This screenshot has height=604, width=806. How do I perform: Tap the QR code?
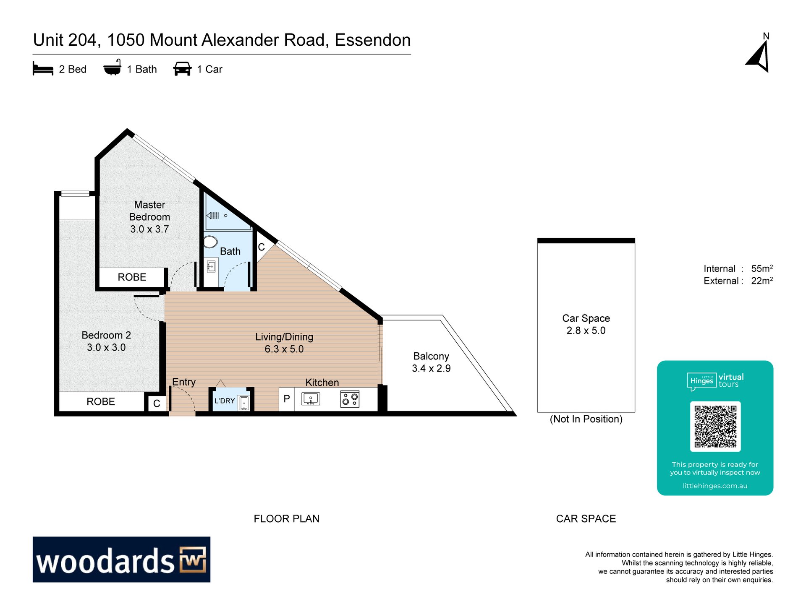click(715, 426)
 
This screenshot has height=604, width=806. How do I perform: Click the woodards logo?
click(121, 559)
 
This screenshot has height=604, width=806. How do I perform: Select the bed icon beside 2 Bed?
click(43, 69)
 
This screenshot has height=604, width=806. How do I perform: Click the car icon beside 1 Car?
click(182, 69)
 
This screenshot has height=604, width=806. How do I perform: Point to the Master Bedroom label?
click(149, 211)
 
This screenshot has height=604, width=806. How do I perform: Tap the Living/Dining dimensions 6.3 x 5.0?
click(284, 349)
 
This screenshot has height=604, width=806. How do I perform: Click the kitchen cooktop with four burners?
click(350, 399)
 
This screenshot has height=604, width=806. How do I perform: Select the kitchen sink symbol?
click(311, 399)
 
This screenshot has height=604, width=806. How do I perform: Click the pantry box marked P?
click(287, 399)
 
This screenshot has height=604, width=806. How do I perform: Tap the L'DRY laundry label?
click(225, 401)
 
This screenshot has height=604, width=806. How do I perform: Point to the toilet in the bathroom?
click(210, 242)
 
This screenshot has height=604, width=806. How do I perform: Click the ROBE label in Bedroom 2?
click(101, 401)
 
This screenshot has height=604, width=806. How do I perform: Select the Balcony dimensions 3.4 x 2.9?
click(431, 368)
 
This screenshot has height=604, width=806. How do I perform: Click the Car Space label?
click(586, 318)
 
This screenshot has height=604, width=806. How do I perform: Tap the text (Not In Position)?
click(586, 419)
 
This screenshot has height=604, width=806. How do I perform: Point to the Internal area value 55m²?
click(762, 268)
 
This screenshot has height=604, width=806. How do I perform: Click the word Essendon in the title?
click(373, 40)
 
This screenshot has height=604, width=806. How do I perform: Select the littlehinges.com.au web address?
click(715, 486)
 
